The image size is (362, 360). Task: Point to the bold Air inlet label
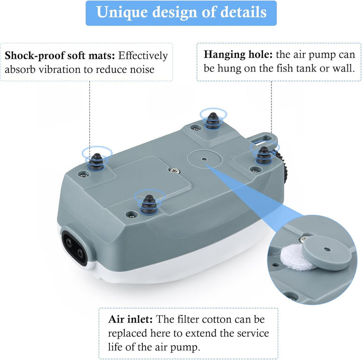(131, 319)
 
